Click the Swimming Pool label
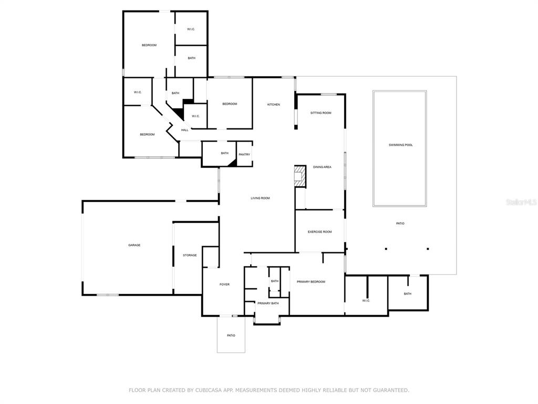[400, 145]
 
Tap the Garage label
[134, 245]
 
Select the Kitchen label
[273, 105]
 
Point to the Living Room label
[260, 198]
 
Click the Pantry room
[244, 154]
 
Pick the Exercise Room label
[320, 232]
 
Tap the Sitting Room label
[321, 113]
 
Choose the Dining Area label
[322, 167]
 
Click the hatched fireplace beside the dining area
[300, 176]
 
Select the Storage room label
[190, 255]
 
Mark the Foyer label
[224, 285]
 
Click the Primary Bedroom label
[311, 282]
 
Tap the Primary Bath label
[268, 304]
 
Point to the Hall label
[184, 130]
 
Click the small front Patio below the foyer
[231, 335]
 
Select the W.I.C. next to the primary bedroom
[366, 301]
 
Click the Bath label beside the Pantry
[225, 153]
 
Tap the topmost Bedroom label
[149, 45]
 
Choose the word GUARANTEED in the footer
[391, 390]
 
